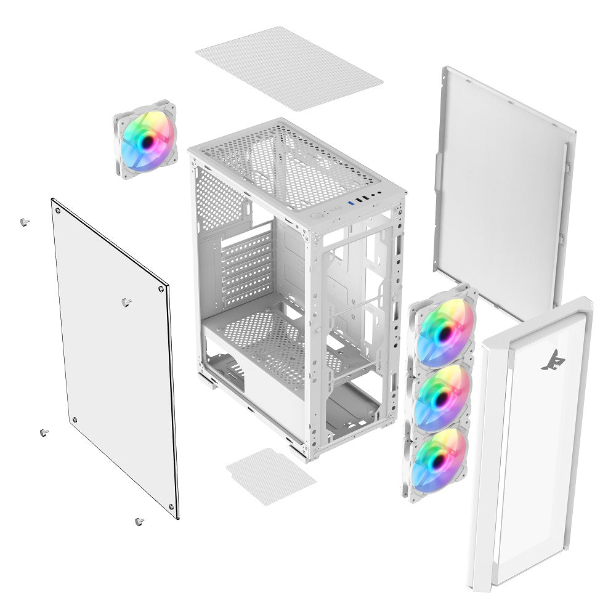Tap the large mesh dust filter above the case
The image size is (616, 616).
pos(289,68)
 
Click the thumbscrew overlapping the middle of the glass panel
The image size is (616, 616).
pos(126,302)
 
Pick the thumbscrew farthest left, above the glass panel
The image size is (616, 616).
pos(23,222)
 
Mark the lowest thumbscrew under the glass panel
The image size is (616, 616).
pos(139,522)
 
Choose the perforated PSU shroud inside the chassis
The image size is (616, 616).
pos(271,345)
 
